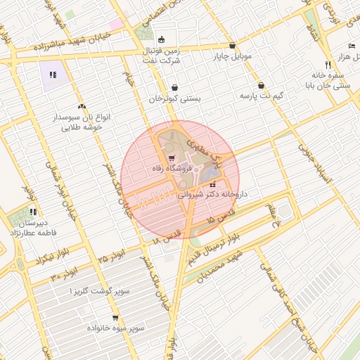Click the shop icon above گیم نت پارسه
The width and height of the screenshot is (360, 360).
(261, 84)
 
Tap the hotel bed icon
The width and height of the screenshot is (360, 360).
(352, 46)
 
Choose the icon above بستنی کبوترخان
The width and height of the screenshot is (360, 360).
(174, 87)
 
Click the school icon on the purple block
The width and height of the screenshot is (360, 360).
(52, 74)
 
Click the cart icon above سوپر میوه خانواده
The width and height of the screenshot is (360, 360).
(115, 317)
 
